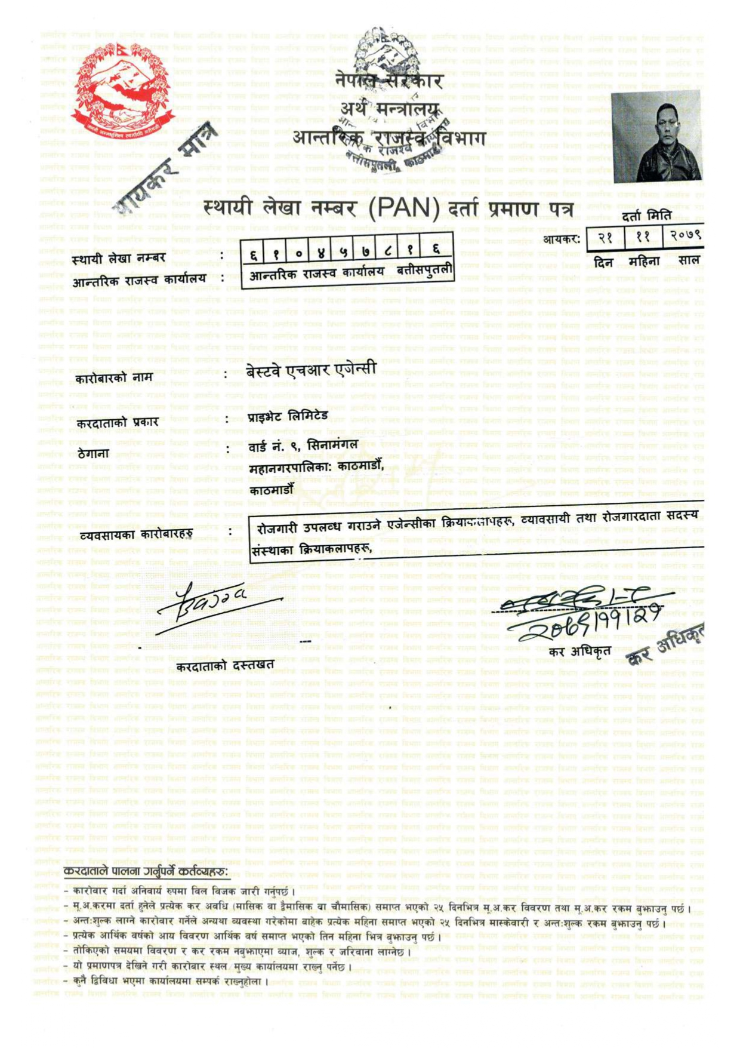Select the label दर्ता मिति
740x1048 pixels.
(x=646, y=216)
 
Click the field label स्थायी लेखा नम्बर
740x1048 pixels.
(x=118, y=259)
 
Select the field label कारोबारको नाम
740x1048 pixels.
(x=114, y=378)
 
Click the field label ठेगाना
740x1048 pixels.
(x=93, y=453)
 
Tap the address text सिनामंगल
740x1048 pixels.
(x=333, y=444)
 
